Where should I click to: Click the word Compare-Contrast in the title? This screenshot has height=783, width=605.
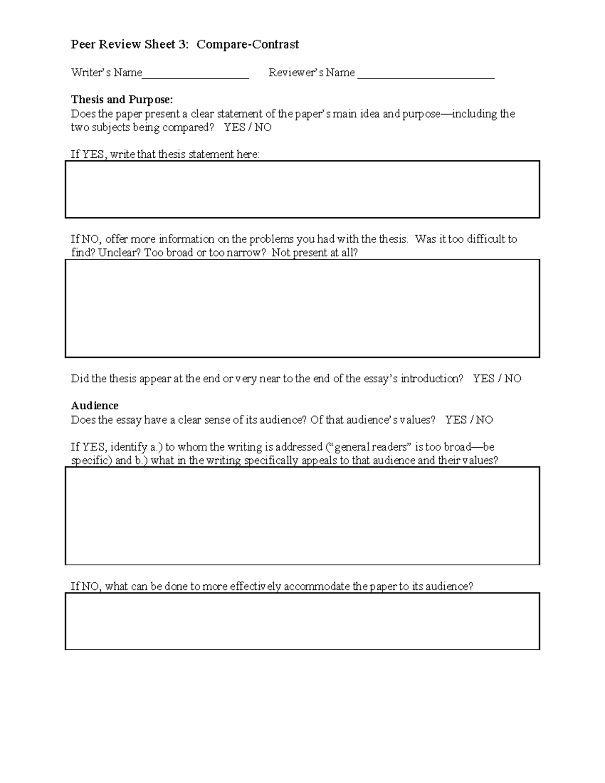248,44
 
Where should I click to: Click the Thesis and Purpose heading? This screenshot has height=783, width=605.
122,99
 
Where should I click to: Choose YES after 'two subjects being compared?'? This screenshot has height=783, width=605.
234,128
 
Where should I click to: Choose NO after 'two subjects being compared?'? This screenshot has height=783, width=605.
263,128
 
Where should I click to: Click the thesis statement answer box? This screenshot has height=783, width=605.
302,189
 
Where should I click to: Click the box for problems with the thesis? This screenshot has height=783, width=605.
302,308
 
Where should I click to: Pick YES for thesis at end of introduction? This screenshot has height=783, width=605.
483,379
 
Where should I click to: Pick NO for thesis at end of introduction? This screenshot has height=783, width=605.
513,379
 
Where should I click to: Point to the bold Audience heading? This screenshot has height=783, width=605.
95,406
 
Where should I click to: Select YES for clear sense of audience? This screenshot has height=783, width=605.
456,420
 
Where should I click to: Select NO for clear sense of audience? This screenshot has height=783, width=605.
484,420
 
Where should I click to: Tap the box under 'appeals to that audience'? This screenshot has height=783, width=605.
302,515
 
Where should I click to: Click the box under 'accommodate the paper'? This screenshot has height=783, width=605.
302,621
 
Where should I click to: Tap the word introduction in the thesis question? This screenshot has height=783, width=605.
432,379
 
